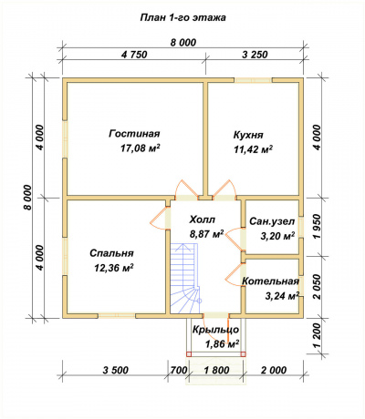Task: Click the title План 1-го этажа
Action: (x=182, y=18)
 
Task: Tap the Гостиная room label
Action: (x=134, y=134)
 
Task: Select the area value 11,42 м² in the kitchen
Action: (x=253, y=149)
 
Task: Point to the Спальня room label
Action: (x=111, y=253)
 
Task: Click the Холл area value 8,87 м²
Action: (x=206, y=234)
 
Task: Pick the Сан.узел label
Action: (x=272, y=221)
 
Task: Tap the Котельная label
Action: (x=270, y=281)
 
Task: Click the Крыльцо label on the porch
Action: (x=215, y=330)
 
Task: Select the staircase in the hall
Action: (x=185, y=279)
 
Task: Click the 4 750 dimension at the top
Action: (x=134, y=55)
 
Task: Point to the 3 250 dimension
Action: (x=255, y=55)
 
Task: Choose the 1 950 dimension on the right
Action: (x=317, y=227)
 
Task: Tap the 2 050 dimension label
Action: (x=317, y=287)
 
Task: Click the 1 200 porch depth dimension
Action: (x=317, y=335)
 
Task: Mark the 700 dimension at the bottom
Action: (x=178, y=370)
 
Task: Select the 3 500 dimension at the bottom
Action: (x=115, y=370)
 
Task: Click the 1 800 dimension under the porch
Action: (x=216, y=370)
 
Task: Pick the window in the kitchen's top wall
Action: (x=253, y=80)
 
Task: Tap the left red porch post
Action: (x=189, y=354)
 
